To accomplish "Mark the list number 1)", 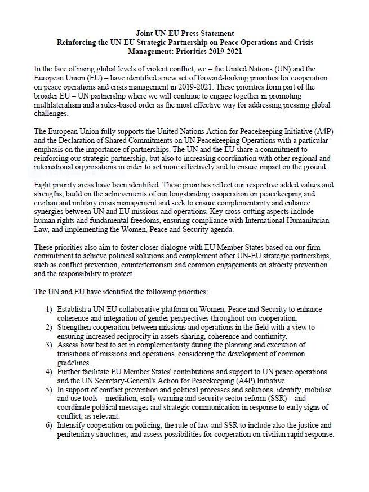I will (49, 310).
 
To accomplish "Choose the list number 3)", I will (49, 345).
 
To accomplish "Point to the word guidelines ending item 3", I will (74, 363).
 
